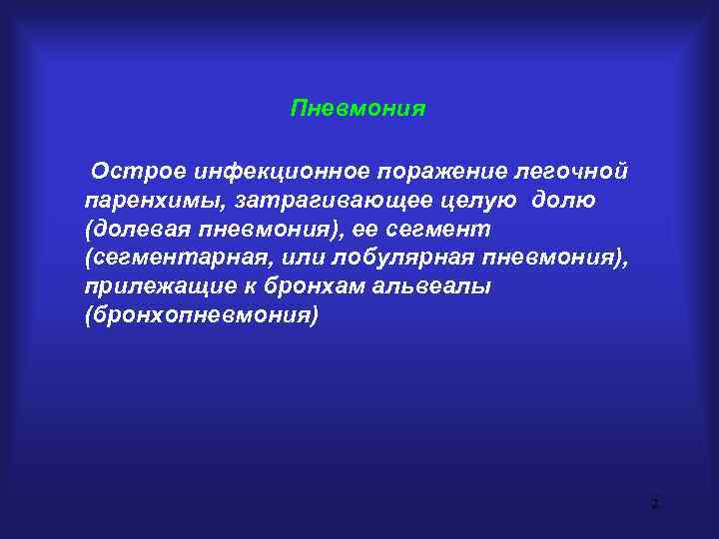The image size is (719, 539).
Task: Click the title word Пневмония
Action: [x=358, y=108]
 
